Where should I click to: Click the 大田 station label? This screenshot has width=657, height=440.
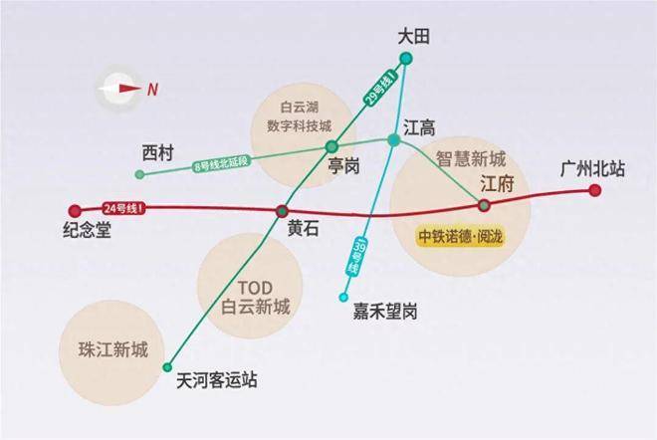pos(412,37)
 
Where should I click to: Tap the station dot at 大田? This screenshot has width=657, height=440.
pos(406,56)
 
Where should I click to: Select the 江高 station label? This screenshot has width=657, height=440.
pos(419,127)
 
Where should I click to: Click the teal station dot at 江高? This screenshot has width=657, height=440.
pos(394,140)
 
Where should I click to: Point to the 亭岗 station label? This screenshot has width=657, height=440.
pos(343,166)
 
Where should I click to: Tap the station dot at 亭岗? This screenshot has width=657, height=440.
pos(331,147)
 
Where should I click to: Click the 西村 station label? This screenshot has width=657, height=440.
pos(157,152)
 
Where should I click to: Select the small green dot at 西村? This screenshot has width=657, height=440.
pos(139,174)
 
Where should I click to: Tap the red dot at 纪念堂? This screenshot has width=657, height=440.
pos(74,210)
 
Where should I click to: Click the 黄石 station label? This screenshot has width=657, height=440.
pos(304,228)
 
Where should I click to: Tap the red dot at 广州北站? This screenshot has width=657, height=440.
pos(595,189)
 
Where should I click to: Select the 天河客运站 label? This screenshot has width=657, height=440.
pos(216,379)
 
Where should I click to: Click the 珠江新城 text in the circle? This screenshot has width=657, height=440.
pos(112,349)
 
